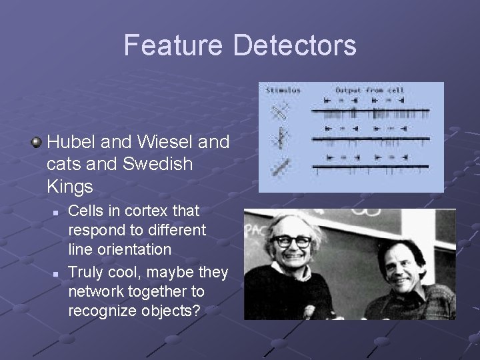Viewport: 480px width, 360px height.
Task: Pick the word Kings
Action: [x=70, y=185]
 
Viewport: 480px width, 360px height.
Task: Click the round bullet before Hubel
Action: [x=38, y=142]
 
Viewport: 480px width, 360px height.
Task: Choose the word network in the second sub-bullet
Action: [x=97, y=292]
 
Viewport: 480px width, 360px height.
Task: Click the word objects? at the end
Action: [x=180, y=311]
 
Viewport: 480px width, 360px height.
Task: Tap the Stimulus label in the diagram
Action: [x=283, y=90]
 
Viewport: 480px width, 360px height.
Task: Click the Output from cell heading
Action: [x=369, y=90]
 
